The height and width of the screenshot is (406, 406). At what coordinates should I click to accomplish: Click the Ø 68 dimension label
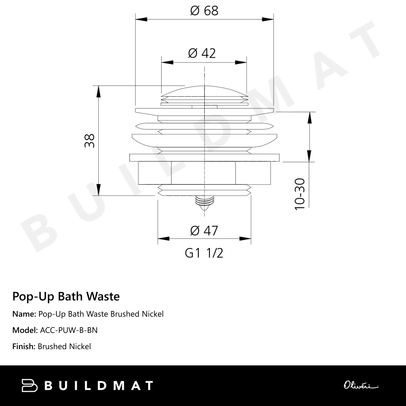pyautogui.click(x=204, y=11)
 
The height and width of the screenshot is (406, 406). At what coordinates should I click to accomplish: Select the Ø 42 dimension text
pyautogui.click(x=202, y=53)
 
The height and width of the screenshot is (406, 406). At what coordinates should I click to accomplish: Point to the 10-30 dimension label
pyautogui.click(x=300, y=194)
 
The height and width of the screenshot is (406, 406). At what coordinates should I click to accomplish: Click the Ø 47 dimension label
pyautogui.click(x=204, y=231)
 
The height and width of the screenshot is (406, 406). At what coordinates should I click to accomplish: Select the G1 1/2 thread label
pyautogui.click(x=204, y=253)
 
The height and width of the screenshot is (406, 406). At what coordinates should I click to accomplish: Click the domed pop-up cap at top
pyautogui.click(x=204, y=92)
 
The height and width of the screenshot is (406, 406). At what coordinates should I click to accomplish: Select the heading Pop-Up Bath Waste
pyautogui.click(x=66, y=296)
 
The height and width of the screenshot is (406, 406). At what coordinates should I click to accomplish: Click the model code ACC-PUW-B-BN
pyautogui.click(x=69, y=330)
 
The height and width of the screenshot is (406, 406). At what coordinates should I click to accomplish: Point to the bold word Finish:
pyautogui.click(x=24, y=346)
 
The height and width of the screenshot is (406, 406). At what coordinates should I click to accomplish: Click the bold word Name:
pyautogui.click(x=24, y=314)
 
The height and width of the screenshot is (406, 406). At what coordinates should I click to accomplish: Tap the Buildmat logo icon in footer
pyautogui.click(x=29, y=385)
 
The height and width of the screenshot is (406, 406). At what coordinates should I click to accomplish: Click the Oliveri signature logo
pyautogui.click(x=361, y=385)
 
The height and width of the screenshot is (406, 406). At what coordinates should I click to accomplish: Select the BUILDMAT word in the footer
pyautogui.click(x=98, y=385)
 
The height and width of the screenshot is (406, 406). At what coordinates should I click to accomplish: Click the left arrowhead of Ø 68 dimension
pyautogui.click(x=140, y=19)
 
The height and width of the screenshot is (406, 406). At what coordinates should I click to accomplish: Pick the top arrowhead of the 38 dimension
pyautogui.click(x=98, y=91)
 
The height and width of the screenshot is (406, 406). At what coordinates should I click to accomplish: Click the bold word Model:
pyautogui.click(x=25, y=330)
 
